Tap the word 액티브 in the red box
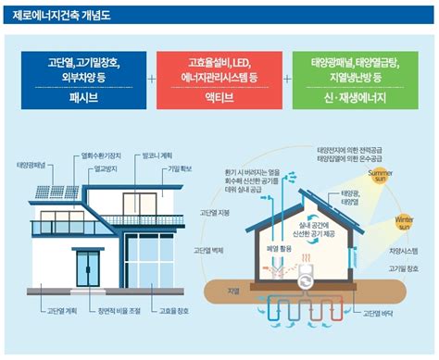216,95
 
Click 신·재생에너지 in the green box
351,95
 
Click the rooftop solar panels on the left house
47,192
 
